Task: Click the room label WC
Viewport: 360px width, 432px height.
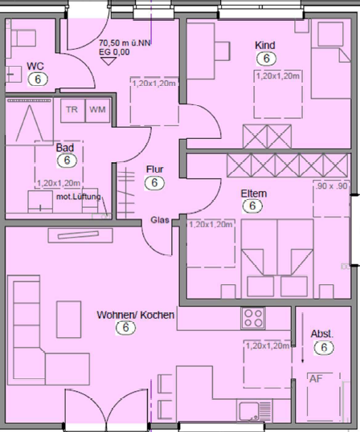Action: pos(35,66)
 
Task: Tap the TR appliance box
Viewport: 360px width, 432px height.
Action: pos(72,109)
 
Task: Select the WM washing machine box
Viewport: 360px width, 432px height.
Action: pos(97,109)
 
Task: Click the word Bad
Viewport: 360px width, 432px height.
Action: pos(65,148)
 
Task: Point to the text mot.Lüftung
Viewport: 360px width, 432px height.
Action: pos(78,197)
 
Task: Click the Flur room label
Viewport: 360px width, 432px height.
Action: pos(155,169)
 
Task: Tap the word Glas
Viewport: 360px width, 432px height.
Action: pos(159,221)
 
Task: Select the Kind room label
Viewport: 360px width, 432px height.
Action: pos(265,45)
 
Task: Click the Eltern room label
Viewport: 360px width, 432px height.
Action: pos(253,194)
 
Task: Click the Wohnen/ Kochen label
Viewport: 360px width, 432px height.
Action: pos(135,315)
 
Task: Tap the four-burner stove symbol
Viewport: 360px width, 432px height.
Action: pos(255,317)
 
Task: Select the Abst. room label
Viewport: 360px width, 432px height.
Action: pos(321,333)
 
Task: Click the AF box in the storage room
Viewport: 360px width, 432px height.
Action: pos(317,380)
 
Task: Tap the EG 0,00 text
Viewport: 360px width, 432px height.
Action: pos(115,52)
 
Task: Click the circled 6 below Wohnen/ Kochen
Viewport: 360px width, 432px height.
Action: pos(125,328)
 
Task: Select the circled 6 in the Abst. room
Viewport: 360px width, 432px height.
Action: pos(323,348)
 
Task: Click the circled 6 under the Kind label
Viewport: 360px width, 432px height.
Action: pos(265,58)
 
